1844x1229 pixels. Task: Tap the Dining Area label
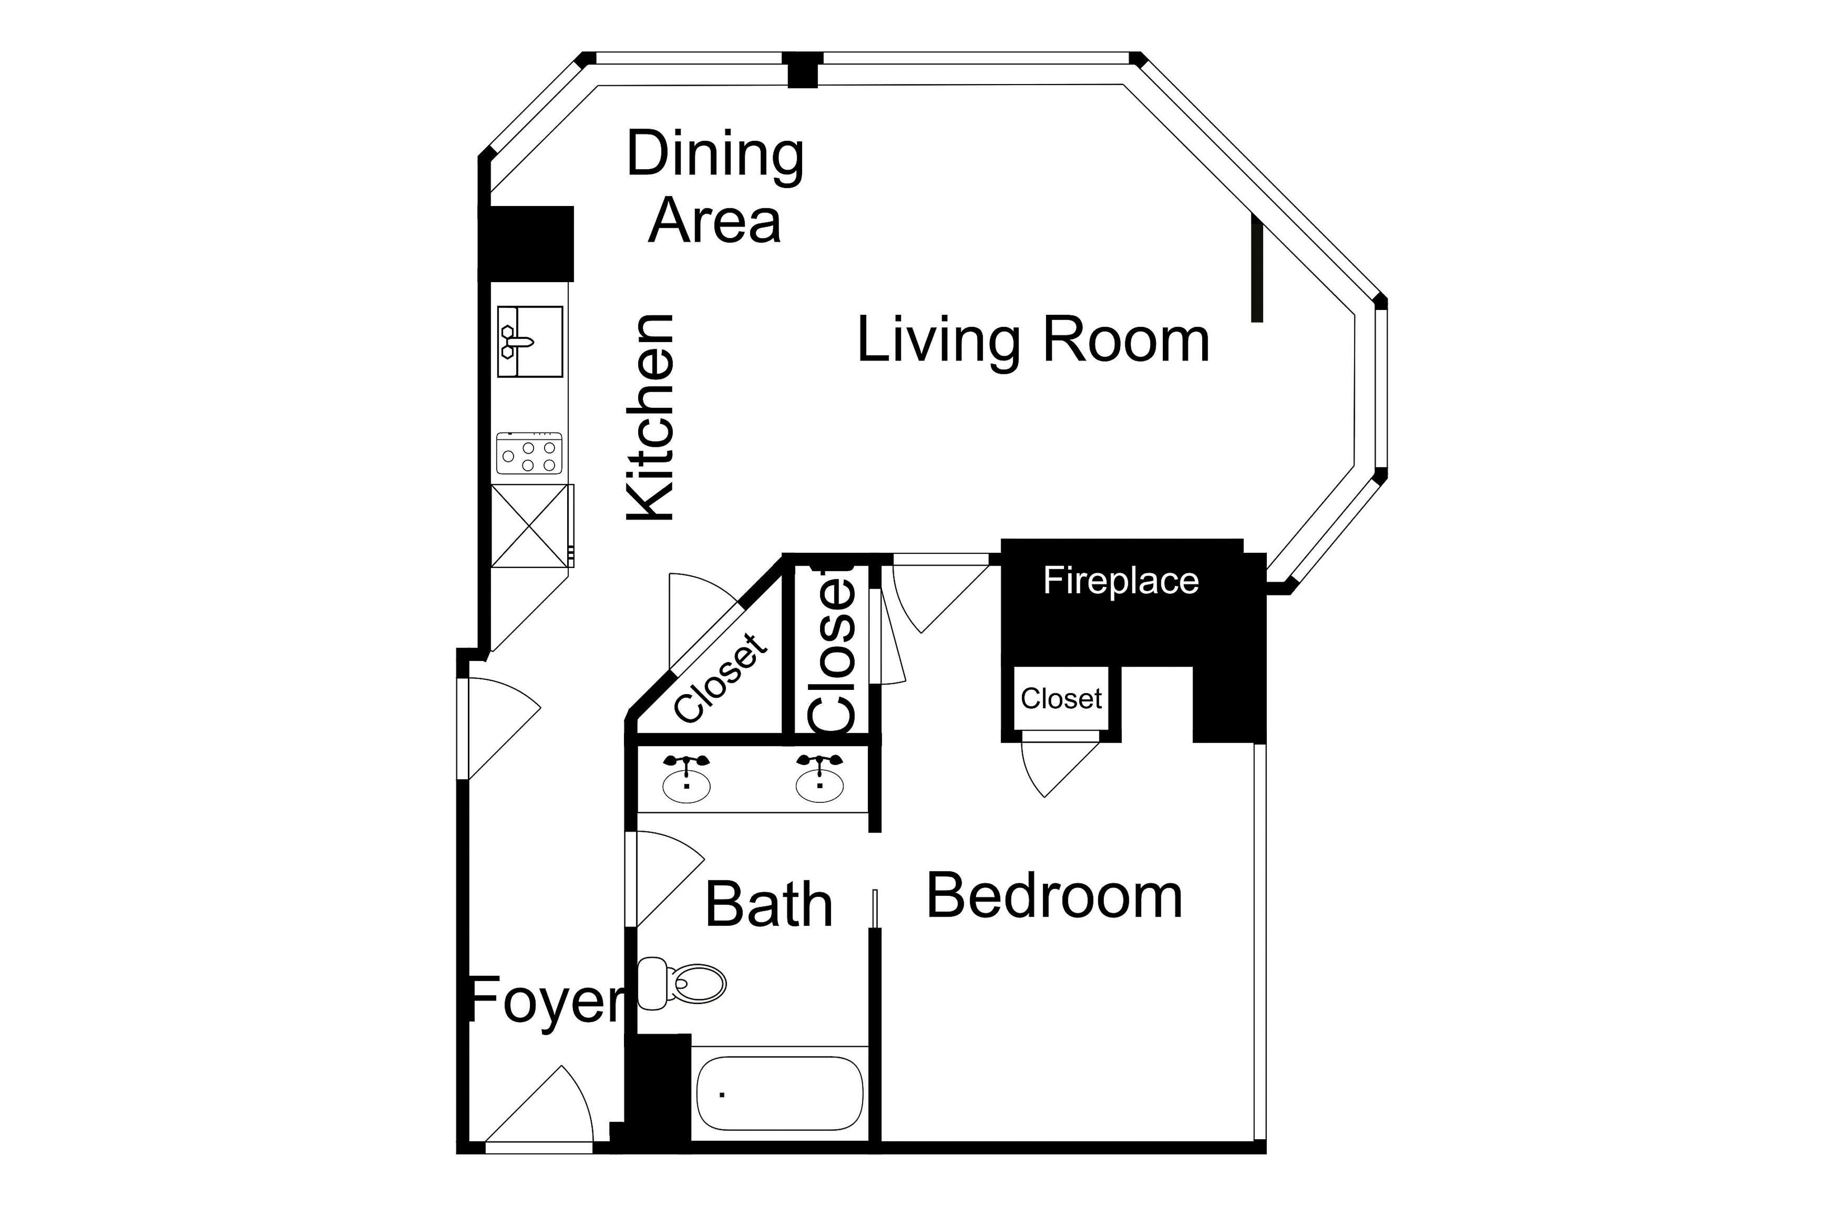tap(715, 188)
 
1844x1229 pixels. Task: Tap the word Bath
tap(768, 905)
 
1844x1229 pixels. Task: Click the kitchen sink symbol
tap(529, 342)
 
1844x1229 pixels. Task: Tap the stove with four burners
tap(529, 454)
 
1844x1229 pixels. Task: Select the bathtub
tap(779, 1093)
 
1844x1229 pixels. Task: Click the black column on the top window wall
tap(802, 70)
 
